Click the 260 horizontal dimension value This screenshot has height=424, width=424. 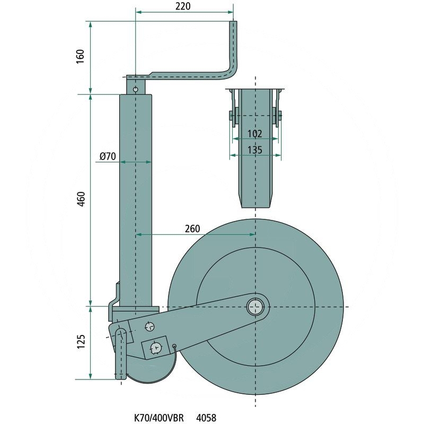192,229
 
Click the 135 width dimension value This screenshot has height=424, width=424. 255,150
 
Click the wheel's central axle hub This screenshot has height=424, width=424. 256,306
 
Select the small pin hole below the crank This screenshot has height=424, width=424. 136,89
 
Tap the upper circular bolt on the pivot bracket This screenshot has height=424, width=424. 149,326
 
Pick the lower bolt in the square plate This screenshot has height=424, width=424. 155,347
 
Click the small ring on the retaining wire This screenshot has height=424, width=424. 173,347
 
